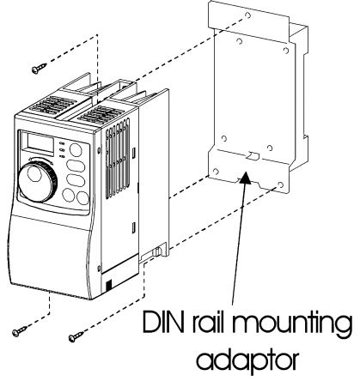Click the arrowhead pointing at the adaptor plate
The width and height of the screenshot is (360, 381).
tap(244, 178)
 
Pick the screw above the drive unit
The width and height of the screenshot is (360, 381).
tap(39, 69)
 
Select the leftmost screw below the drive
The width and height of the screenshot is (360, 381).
tap(20, 331)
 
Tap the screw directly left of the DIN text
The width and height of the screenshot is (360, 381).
tap(76, 336)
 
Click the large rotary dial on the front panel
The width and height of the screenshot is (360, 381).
tap(38, 181)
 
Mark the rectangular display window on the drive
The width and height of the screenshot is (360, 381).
tap(40, 143)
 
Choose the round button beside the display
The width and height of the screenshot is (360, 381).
tap(76, 150)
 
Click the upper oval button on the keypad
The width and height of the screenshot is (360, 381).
tap(76, 166)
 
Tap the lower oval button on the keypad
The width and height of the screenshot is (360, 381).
tap(76, 180)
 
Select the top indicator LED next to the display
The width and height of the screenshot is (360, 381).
tap(61, 142)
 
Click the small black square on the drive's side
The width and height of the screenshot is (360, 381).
tap(108, 285)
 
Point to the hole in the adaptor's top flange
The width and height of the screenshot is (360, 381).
tap(248, 15)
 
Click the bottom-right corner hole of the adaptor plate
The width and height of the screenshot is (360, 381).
tap(281, 184)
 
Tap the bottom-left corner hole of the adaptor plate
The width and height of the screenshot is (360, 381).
tap(216, 172)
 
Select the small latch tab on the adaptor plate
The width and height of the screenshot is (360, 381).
tap(253, 156)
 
